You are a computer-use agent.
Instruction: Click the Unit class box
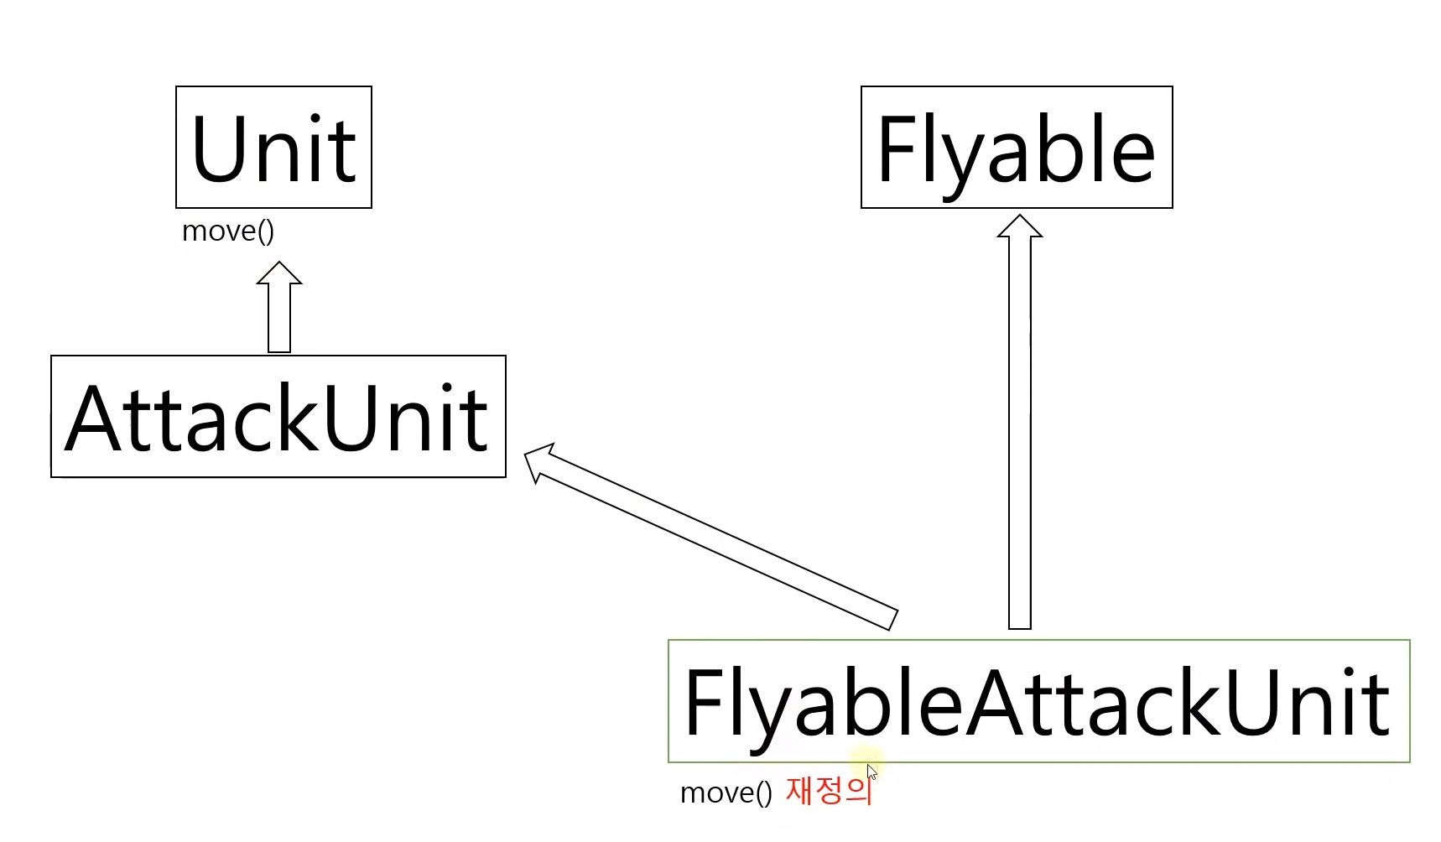click(273, 148)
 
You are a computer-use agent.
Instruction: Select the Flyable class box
click(1016, 148)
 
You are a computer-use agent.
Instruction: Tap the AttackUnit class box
click(278, 417)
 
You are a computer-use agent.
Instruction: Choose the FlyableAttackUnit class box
click(1038, 701)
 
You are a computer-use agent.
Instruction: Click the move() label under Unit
click(228, 231)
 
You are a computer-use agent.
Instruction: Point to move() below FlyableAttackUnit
click(726, 793)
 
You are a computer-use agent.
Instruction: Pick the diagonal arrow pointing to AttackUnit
click(713, 537)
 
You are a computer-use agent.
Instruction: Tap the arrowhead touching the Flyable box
click(1019, 226)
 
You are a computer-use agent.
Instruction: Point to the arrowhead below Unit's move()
click(279, 273)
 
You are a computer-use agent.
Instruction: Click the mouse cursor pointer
click(871, 772)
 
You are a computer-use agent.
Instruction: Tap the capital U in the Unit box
click(219, 149)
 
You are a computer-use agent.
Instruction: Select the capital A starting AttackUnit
click(95, 418)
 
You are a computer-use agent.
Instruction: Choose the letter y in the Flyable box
click(956, 159)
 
